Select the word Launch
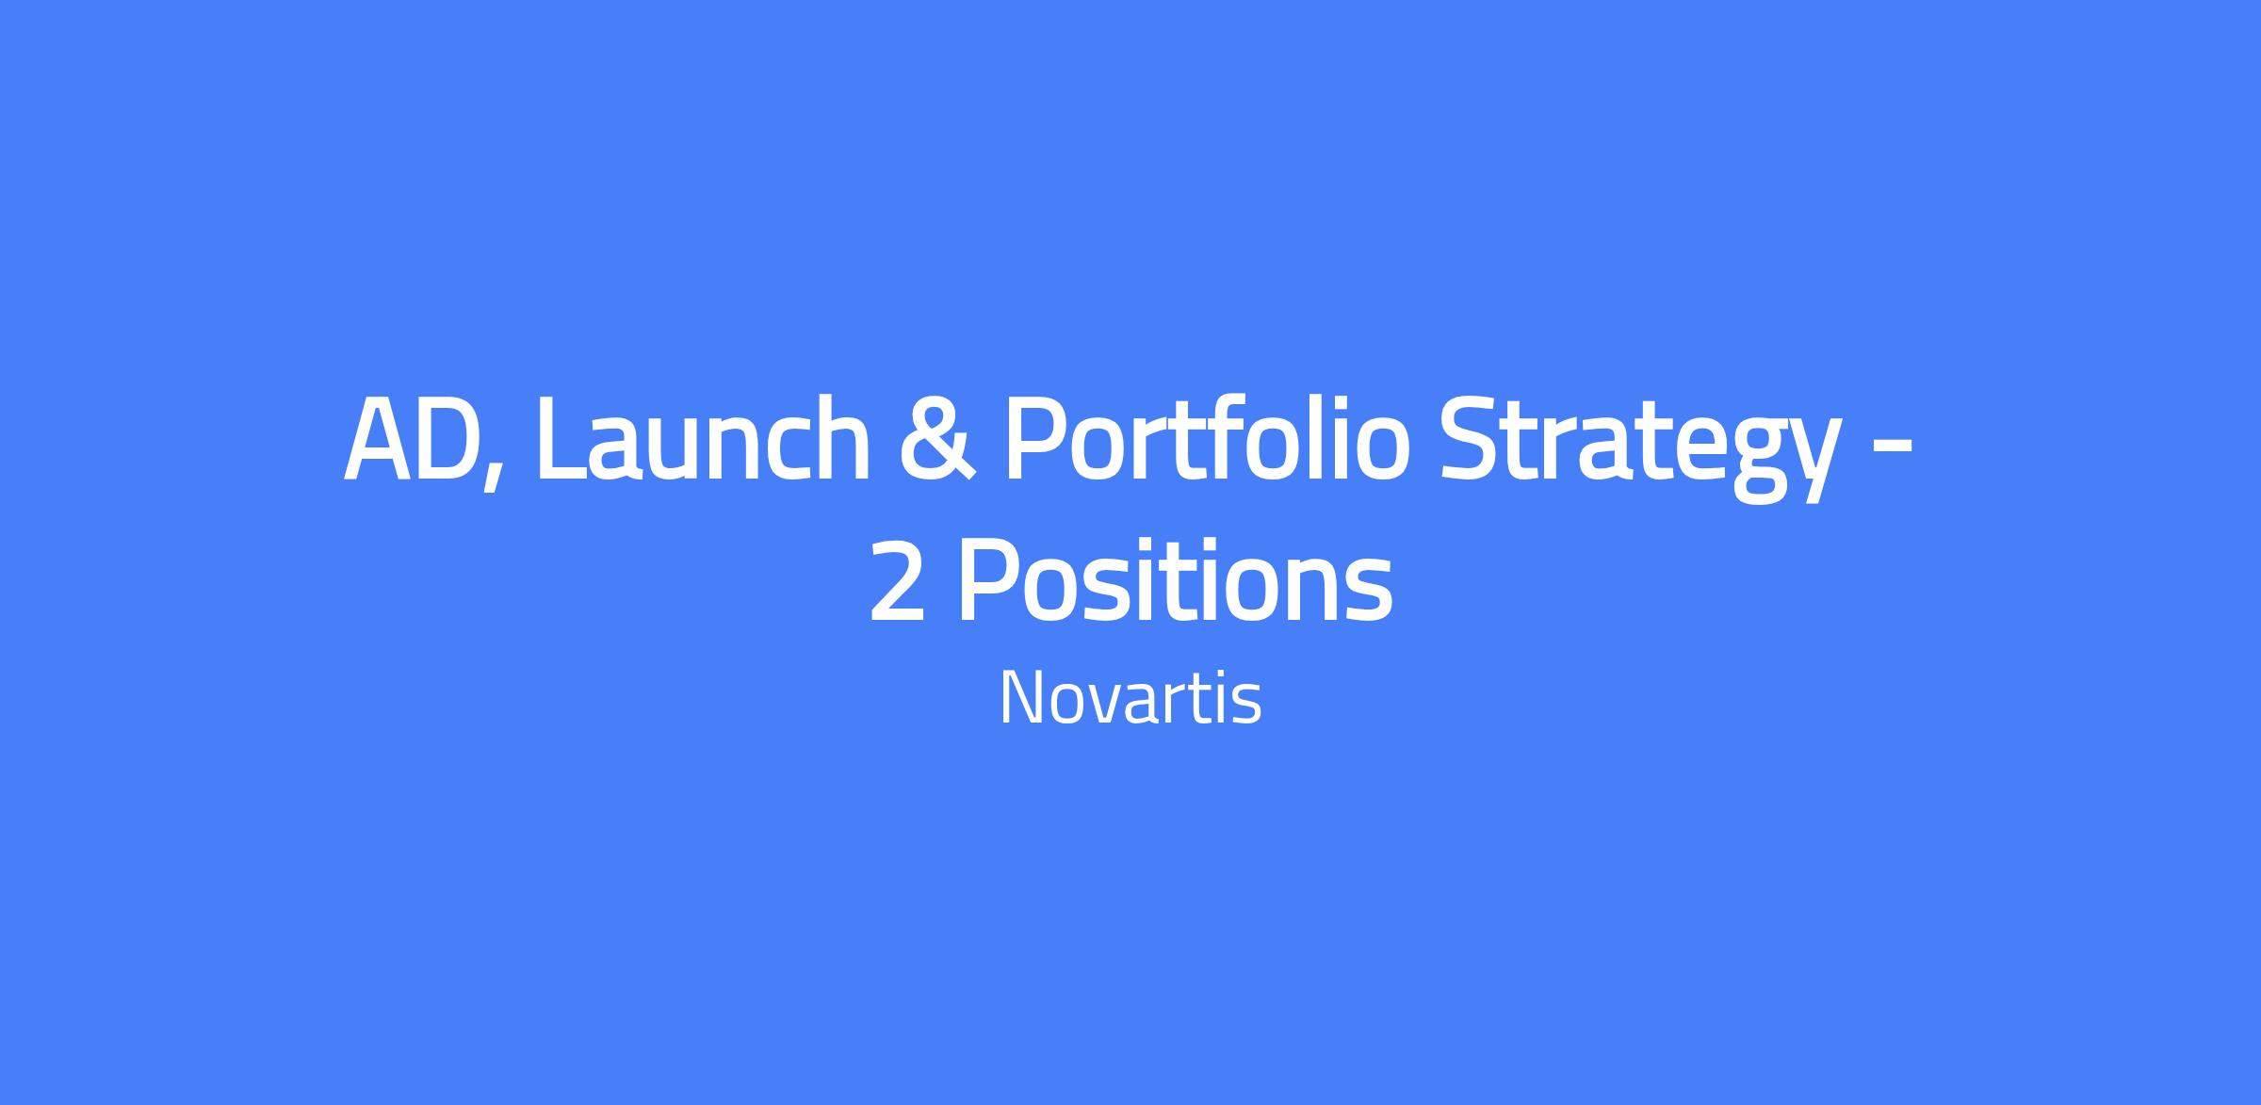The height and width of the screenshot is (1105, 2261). [x=702, y=437]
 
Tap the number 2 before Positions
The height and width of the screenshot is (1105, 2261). [x=896, y=581]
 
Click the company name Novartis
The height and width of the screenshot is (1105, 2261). [x=1130, y=697]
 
